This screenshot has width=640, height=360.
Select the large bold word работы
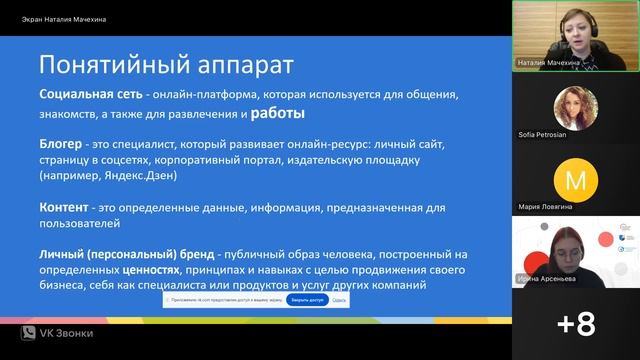tap(278, 112)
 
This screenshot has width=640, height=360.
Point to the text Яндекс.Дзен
tap(142, 176)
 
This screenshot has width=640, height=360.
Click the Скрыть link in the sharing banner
tap(339, 299)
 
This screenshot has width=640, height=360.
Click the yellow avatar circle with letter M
tap(575, 180)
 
